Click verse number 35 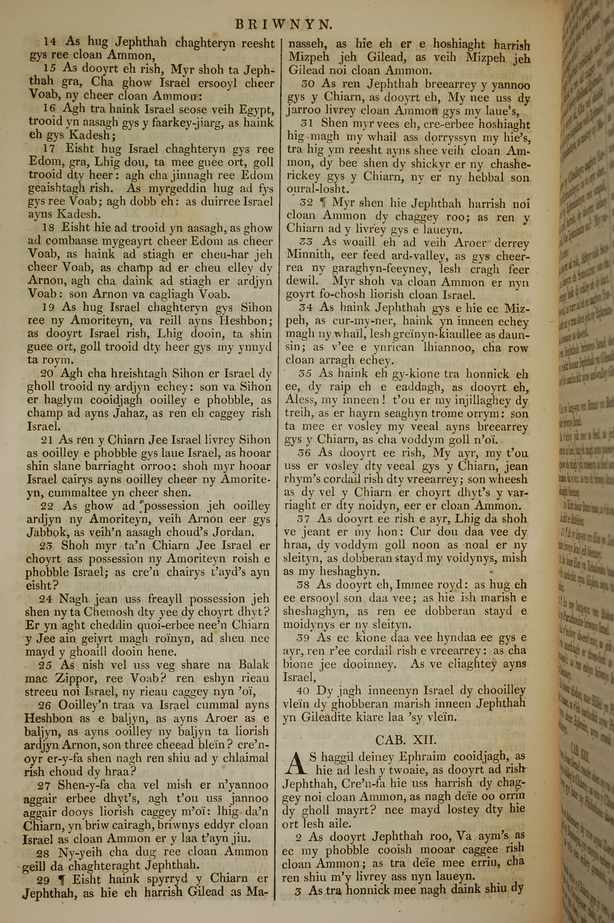coord(305,374)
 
